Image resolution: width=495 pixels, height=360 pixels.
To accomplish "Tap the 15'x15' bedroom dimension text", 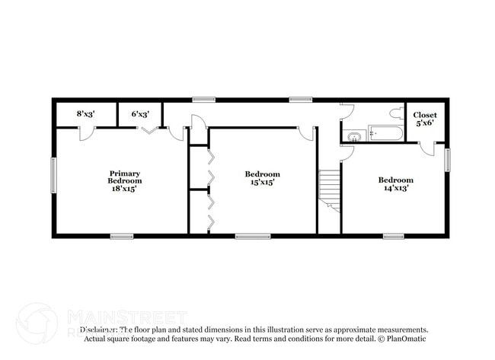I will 262,182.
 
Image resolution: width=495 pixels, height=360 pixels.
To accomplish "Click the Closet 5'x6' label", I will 425,119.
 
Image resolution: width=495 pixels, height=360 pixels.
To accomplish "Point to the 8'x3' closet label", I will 86,114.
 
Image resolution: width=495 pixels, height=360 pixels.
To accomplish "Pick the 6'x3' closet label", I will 139,114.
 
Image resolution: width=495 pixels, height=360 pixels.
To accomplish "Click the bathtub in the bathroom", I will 385,135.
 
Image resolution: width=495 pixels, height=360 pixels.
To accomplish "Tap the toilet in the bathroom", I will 395,113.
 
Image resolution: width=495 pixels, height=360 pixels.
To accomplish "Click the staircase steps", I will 329,186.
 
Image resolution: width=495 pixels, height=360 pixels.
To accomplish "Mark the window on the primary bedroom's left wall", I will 53,174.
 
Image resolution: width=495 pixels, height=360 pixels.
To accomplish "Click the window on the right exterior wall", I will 447,160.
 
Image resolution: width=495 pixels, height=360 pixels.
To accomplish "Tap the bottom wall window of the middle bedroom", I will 252,236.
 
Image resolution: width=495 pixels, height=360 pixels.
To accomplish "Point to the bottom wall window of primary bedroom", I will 122,236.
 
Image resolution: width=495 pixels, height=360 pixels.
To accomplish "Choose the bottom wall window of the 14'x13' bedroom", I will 393,236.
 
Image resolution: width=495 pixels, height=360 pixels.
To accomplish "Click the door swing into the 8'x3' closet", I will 87,133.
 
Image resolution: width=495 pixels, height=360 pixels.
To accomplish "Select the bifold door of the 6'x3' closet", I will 148,131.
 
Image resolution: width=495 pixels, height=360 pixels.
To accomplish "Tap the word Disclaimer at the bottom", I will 99,330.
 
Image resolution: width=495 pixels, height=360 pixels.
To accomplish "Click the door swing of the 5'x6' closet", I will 427,148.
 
